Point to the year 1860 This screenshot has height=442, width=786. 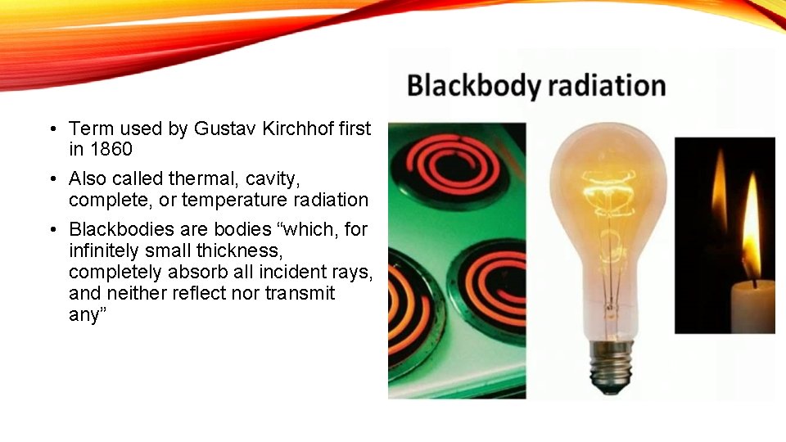click(x=111, y=150)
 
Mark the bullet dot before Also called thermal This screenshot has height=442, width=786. click(x=51, y=178)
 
